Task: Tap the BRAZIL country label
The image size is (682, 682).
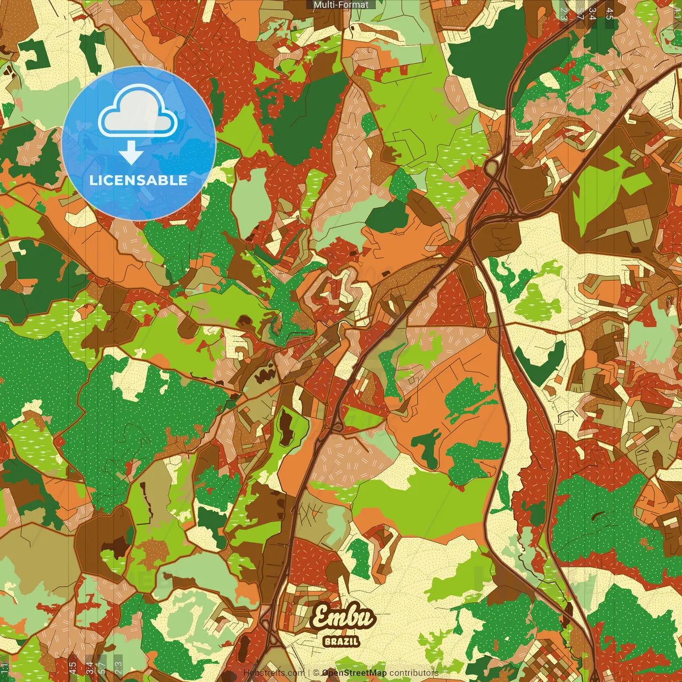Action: [x=341, y=642]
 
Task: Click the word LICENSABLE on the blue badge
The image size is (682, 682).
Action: [x=139, y=180]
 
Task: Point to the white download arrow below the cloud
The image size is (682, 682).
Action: [x=131, y=152]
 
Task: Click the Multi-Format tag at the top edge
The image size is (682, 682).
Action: [x=341, y=5]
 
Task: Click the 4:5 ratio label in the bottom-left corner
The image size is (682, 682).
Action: [x=72, y=668]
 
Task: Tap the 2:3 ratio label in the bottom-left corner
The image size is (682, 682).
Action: [x=118, y=668]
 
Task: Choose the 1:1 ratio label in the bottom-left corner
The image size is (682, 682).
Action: [x=4, y=668]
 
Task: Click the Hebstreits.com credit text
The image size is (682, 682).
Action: [x=274, y=673]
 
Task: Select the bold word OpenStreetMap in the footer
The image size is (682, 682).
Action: [x=354, y=673]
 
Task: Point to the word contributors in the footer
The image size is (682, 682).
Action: [x=414, y=673]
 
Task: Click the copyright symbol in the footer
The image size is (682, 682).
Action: [x=316, y=673]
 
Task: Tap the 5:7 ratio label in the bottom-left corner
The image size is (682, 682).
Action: [x=102, y=668]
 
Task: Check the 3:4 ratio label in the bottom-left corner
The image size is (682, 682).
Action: [x=89, y=668]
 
